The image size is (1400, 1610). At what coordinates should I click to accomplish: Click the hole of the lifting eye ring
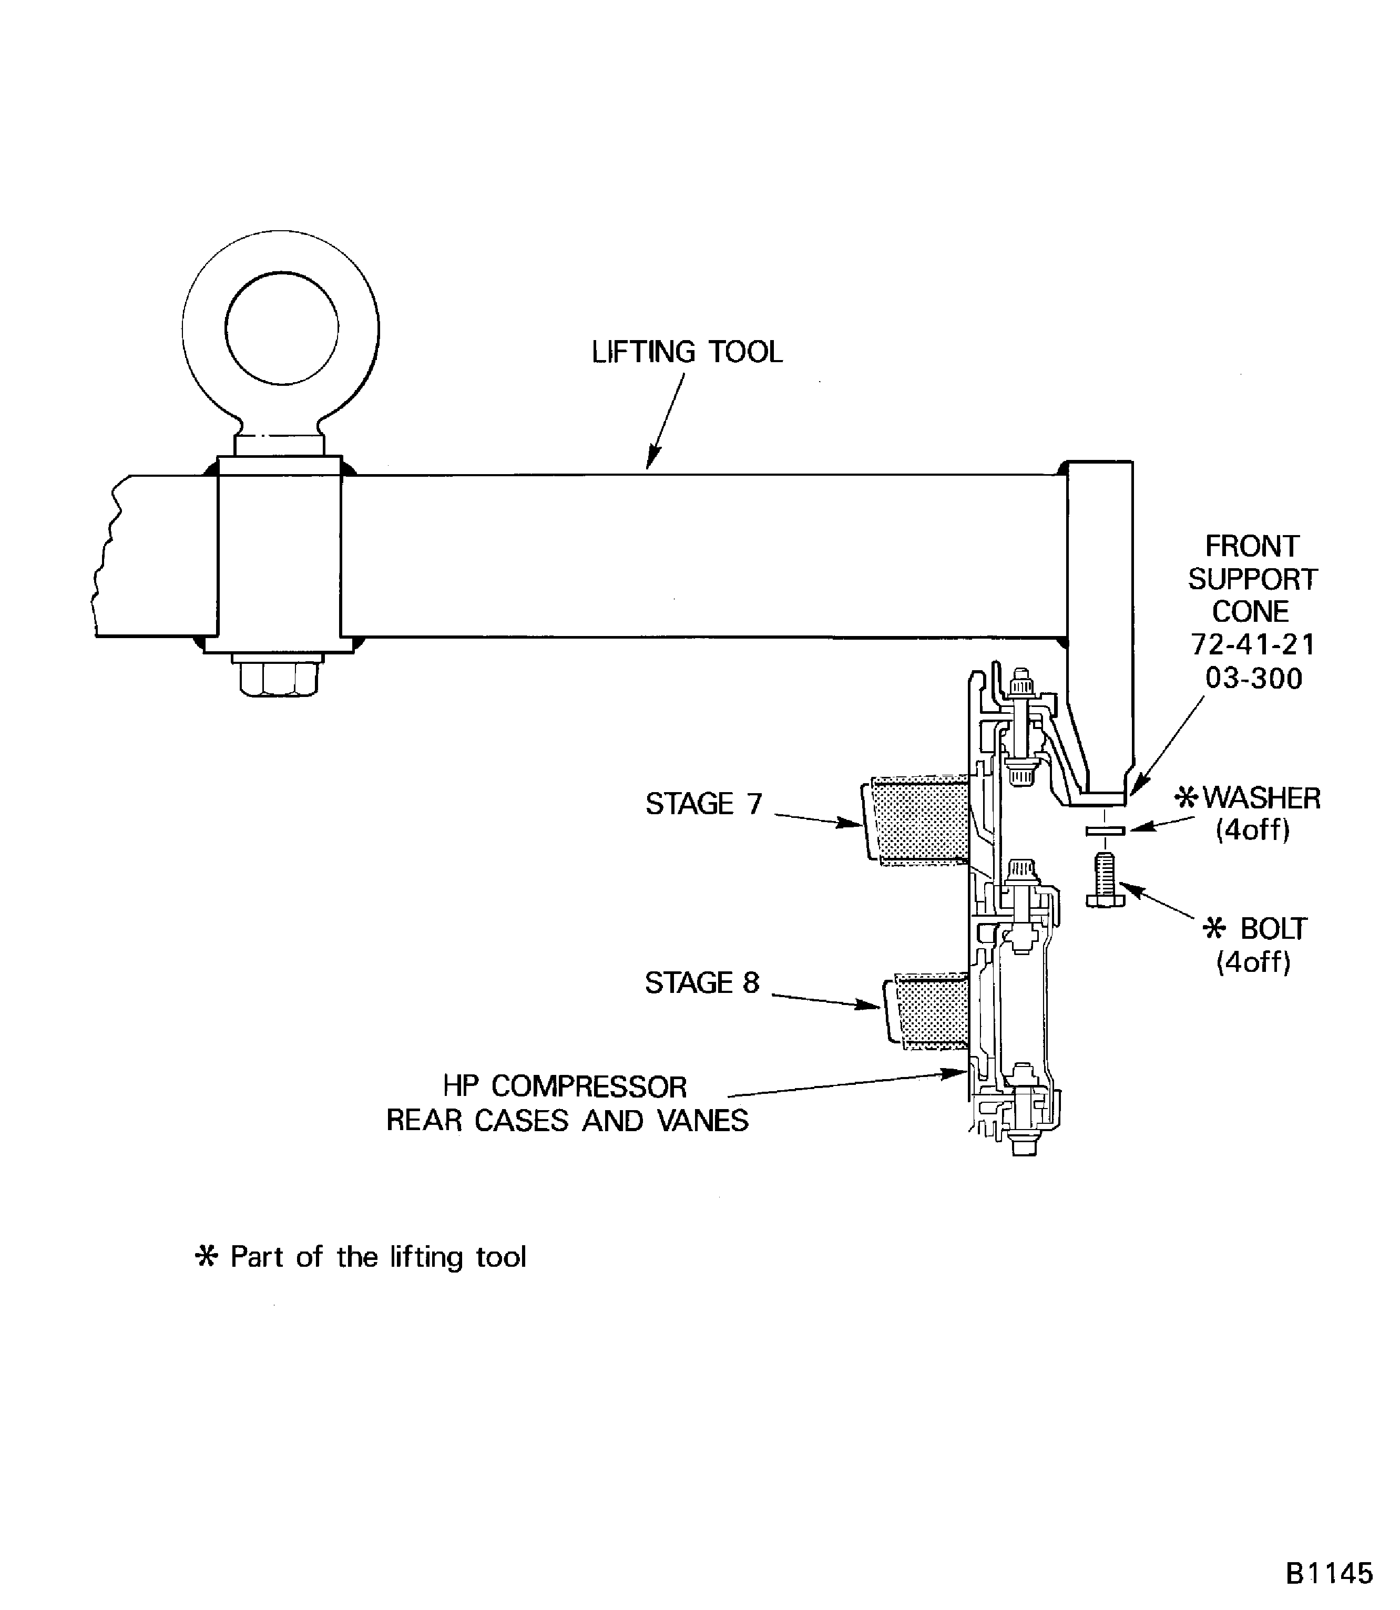click(281, 328)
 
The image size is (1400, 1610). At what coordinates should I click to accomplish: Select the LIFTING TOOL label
click(687, 352)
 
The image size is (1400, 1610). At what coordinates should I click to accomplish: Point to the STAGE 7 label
click(703, 804)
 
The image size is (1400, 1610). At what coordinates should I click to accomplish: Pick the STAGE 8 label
click(701, 983)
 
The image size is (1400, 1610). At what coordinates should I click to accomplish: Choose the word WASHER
click(1261, 798)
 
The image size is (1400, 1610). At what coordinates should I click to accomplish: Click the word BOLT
click(1273, 929)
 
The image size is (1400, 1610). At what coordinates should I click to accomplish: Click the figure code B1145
click(1328, 1573)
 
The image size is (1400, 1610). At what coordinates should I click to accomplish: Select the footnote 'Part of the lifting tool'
click(378, 1257)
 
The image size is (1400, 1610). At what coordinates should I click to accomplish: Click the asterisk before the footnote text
click(206, 1257)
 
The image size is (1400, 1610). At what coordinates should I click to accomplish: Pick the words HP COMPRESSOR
click(564, 1086)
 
